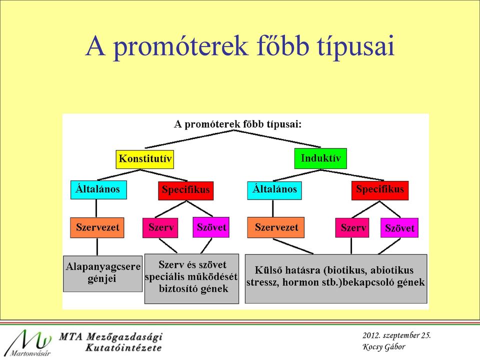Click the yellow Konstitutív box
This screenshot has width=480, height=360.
[145, 159]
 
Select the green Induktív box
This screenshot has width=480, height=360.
[320, 158]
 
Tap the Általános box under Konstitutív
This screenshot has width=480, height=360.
[98, 190]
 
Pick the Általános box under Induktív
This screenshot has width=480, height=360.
[274, 190]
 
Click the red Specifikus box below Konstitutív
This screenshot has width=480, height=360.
[186, 190]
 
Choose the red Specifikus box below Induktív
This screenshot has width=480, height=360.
[380, 190]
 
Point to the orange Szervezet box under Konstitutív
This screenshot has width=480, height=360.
[97, 228]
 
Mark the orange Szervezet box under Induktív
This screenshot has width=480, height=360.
[276, 227]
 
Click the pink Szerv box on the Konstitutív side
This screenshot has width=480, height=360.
[160, 227]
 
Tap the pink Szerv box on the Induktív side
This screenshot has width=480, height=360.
[352, 228]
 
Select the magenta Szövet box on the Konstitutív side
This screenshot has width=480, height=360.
[211, 227]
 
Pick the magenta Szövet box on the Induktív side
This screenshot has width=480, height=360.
[399, 228]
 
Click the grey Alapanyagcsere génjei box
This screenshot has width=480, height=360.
[103, 273]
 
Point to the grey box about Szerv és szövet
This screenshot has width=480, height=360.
[191, 278]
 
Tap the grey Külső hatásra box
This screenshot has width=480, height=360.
[336, 278]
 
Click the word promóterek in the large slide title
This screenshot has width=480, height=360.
[180, 46]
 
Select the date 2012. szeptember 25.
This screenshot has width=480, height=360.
[396, 335]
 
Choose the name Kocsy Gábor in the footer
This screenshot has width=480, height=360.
[384, 347]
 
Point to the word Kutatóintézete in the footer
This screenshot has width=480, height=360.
[123, 348]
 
